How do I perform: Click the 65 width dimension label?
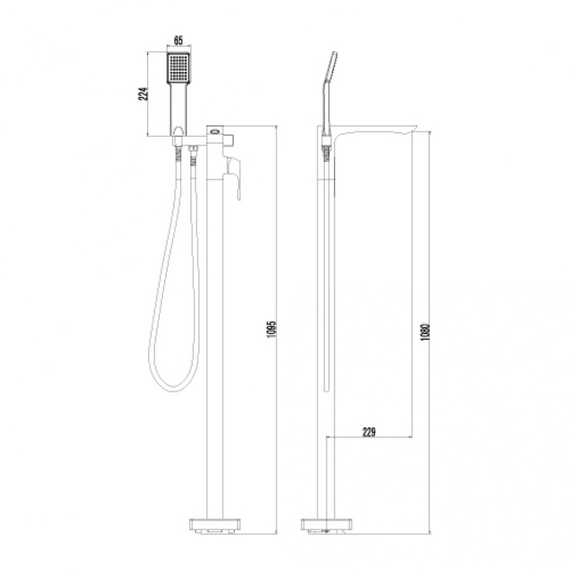tap(178, 40)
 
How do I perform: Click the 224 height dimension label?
tap(144, 93)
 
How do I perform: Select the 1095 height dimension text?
tap(272, 329)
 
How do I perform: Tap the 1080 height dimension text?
tap(425, 332)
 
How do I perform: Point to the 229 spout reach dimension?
tap(369, 432)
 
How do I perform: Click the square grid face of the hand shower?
tap(178, 68)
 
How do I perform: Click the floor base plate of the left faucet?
tap(215, 525)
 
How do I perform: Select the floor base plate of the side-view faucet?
tap(326, 525)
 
